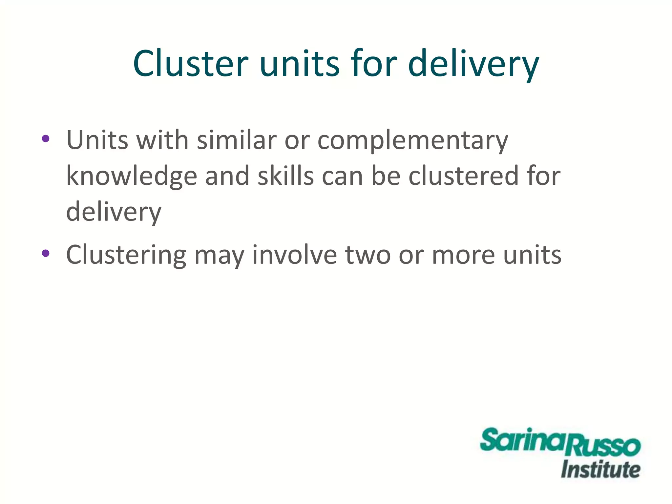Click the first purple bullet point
coord(46,138)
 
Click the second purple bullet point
coord(46,253)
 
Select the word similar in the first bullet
coord(237,140)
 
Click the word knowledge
coord(132,177)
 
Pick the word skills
coord(285,176)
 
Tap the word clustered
coord(464,176)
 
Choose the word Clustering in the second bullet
coord(126,256)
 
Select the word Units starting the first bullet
coord(97,140)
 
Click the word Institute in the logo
coord(600,470)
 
